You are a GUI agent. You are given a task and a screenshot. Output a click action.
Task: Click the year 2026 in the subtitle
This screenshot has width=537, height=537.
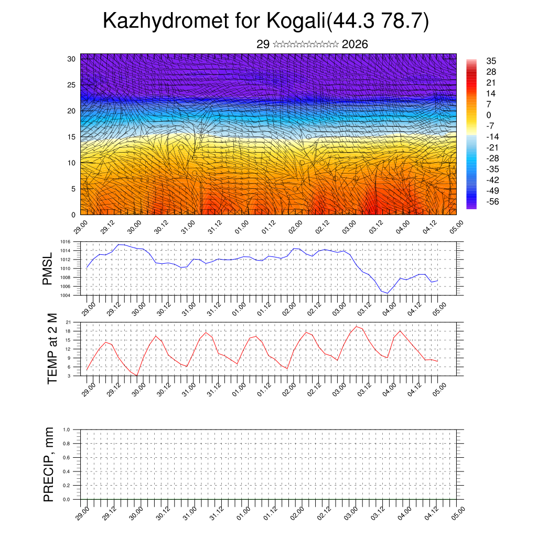pyautogui.click(x=355, y=45)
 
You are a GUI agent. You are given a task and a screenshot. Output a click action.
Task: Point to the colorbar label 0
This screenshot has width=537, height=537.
pyautogui.click(x=489, y=115)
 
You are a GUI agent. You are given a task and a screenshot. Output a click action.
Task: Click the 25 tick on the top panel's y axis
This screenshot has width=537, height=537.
pyautogui.click(x=71, y=85)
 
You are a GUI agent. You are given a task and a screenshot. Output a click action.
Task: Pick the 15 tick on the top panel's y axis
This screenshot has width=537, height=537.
pyautogui.click(x=71, y=137)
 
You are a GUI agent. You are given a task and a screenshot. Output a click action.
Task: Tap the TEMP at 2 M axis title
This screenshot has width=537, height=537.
pyautogui.click(x=52, y=348)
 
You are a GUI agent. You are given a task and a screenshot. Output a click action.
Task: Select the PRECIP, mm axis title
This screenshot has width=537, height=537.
pyautogui.click(x=49, y=464)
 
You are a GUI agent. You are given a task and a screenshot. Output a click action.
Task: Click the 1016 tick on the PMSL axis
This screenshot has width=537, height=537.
pyautogui.click(x=65, y=242)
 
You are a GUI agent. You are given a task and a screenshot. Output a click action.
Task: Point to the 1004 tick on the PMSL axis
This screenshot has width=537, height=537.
pyautogui.click(x=65, y=296)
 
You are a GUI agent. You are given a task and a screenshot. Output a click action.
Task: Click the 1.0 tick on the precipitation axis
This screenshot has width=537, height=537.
pyautogui.click(x=67, y=429)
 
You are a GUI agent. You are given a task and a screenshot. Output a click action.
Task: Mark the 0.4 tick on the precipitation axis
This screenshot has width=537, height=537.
pyautogui.click(x=67, y=471)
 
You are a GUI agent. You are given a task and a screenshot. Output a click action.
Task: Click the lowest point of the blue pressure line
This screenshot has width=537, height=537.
pyautogui.click(x=388, y=293)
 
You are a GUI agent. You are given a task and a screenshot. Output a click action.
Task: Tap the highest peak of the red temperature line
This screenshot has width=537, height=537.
pyautogui.click(x=356, y=326)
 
